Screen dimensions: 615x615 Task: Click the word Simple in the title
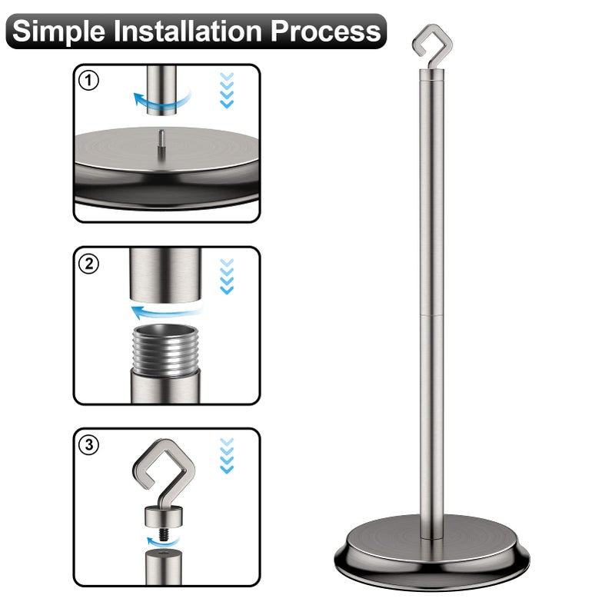pyautogui.click(x=59, y=32)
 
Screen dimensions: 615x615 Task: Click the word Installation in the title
pyautogui.click(x=188, y=31)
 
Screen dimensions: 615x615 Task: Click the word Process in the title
pyautogui.click(x=326, y=31)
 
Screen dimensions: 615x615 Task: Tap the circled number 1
pyautogui.click(x=89, y=81)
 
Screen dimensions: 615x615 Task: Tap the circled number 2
pyautogui.click(x=89, y=264)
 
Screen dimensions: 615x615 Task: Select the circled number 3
pyautogui.click(x=89, y=445)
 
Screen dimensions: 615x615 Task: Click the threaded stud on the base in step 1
pyautogui.click(x=161, y=145)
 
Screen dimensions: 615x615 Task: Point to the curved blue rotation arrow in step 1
pyautogui.click(x=161, y=103)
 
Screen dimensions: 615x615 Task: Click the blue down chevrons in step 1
pyautogui.click(x=227, y=90)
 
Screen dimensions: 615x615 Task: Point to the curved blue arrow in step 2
pyautogui.click(x=167, y=312)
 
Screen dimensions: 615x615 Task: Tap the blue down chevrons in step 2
pyautogui.click(x=227, y=277)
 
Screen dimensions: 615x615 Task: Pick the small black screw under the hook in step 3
pyautogui.click(x=165, y=534)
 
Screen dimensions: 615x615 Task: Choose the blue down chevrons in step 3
pyautogui.click(x=227, y=456)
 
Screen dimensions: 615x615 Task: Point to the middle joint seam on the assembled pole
pyautogui.click(x=432, y=315)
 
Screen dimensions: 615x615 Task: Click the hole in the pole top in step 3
pyautogui.click(x=164, y=553)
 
